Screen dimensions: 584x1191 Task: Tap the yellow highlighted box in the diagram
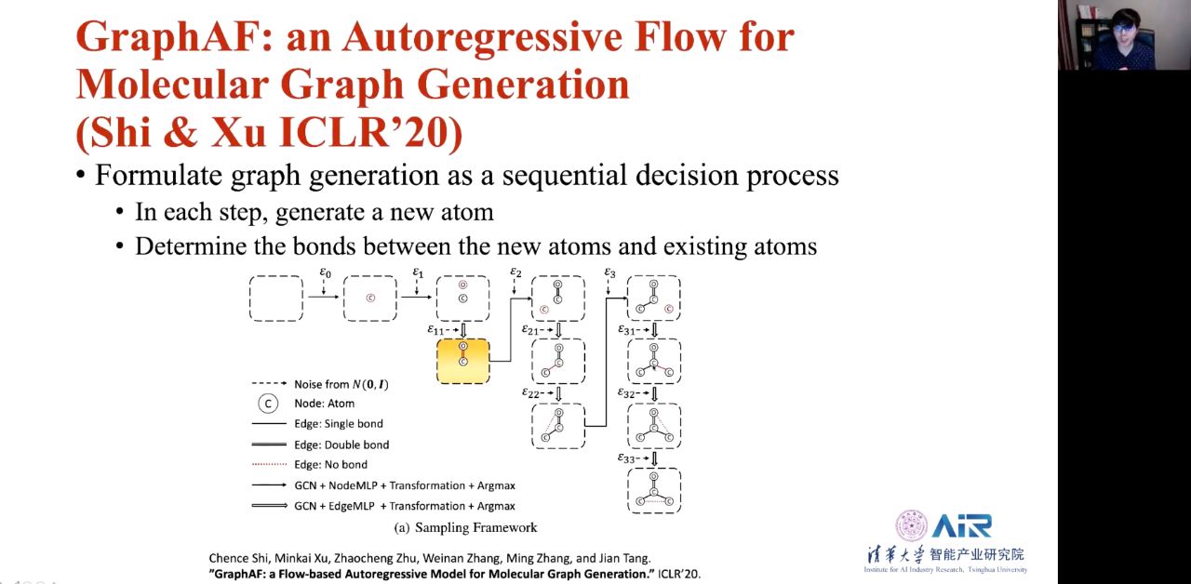click(462, 361)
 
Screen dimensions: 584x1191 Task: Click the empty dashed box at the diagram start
click(275, 298)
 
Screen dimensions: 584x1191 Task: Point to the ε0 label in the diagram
click(325, 272)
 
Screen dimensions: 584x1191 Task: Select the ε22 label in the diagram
click(533, 393)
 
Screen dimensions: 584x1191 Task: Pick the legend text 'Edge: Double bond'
click(341, 445)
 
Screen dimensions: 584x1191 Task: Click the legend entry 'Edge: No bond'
click(330, 465)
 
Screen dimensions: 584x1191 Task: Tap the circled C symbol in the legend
click(268, 404)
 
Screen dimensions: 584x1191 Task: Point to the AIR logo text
click(962, 525)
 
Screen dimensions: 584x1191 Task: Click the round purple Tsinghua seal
click(911, 525)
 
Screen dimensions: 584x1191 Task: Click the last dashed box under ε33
click(654, 490)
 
